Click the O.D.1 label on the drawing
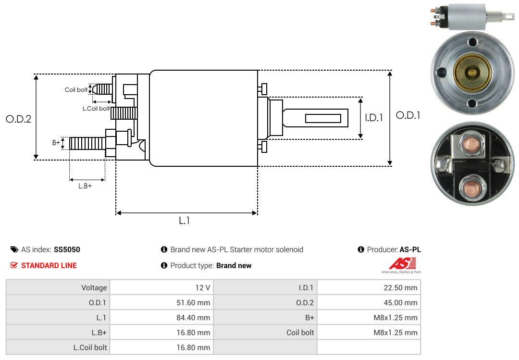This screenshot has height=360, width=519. pos(408,115)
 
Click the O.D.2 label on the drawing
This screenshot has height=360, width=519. pos(18,119)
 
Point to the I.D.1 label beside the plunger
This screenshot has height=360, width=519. pos(373,117)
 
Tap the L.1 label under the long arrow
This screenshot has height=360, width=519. pos(185,221)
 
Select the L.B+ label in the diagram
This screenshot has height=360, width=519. pos(85,186)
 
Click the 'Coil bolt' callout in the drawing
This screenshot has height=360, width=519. pos(76,90)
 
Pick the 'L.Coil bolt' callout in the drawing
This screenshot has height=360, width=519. pos(96,109)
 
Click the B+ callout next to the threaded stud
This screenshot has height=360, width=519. pos(56,143)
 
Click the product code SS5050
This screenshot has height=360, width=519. pos(67,249)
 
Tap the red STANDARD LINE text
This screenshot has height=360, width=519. pos(49,265)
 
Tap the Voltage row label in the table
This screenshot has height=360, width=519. pos(94,288)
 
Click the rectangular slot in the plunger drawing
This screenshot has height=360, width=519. pos(323,118)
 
